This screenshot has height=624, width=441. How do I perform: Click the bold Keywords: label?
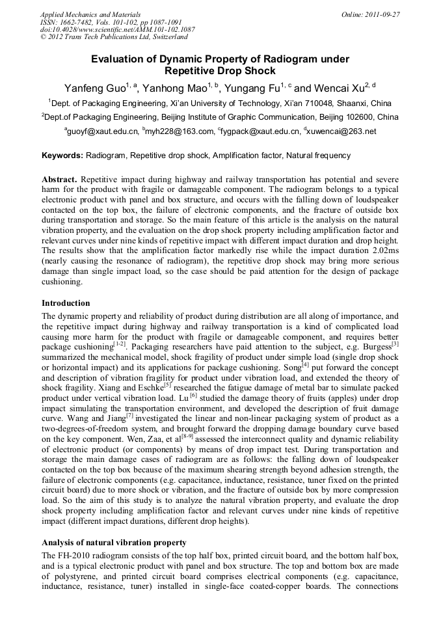[x=62, y=156]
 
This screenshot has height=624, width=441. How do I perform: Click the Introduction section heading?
[x=66, y=303]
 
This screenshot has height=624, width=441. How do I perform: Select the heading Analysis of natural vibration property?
[x=114, y=542]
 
